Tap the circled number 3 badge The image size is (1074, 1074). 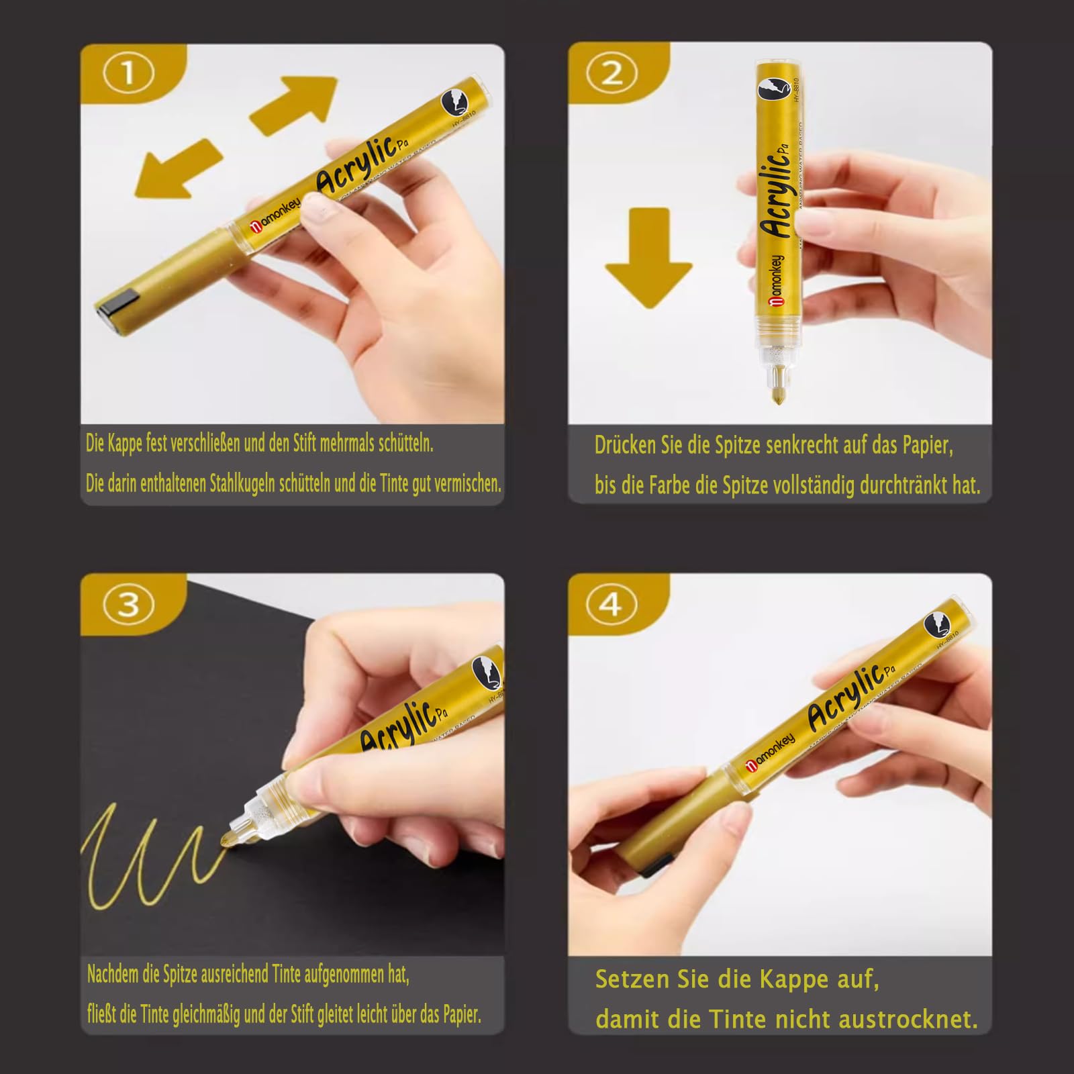pos(128,604)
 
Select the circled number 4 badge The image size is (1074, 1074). pos(611,604)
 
